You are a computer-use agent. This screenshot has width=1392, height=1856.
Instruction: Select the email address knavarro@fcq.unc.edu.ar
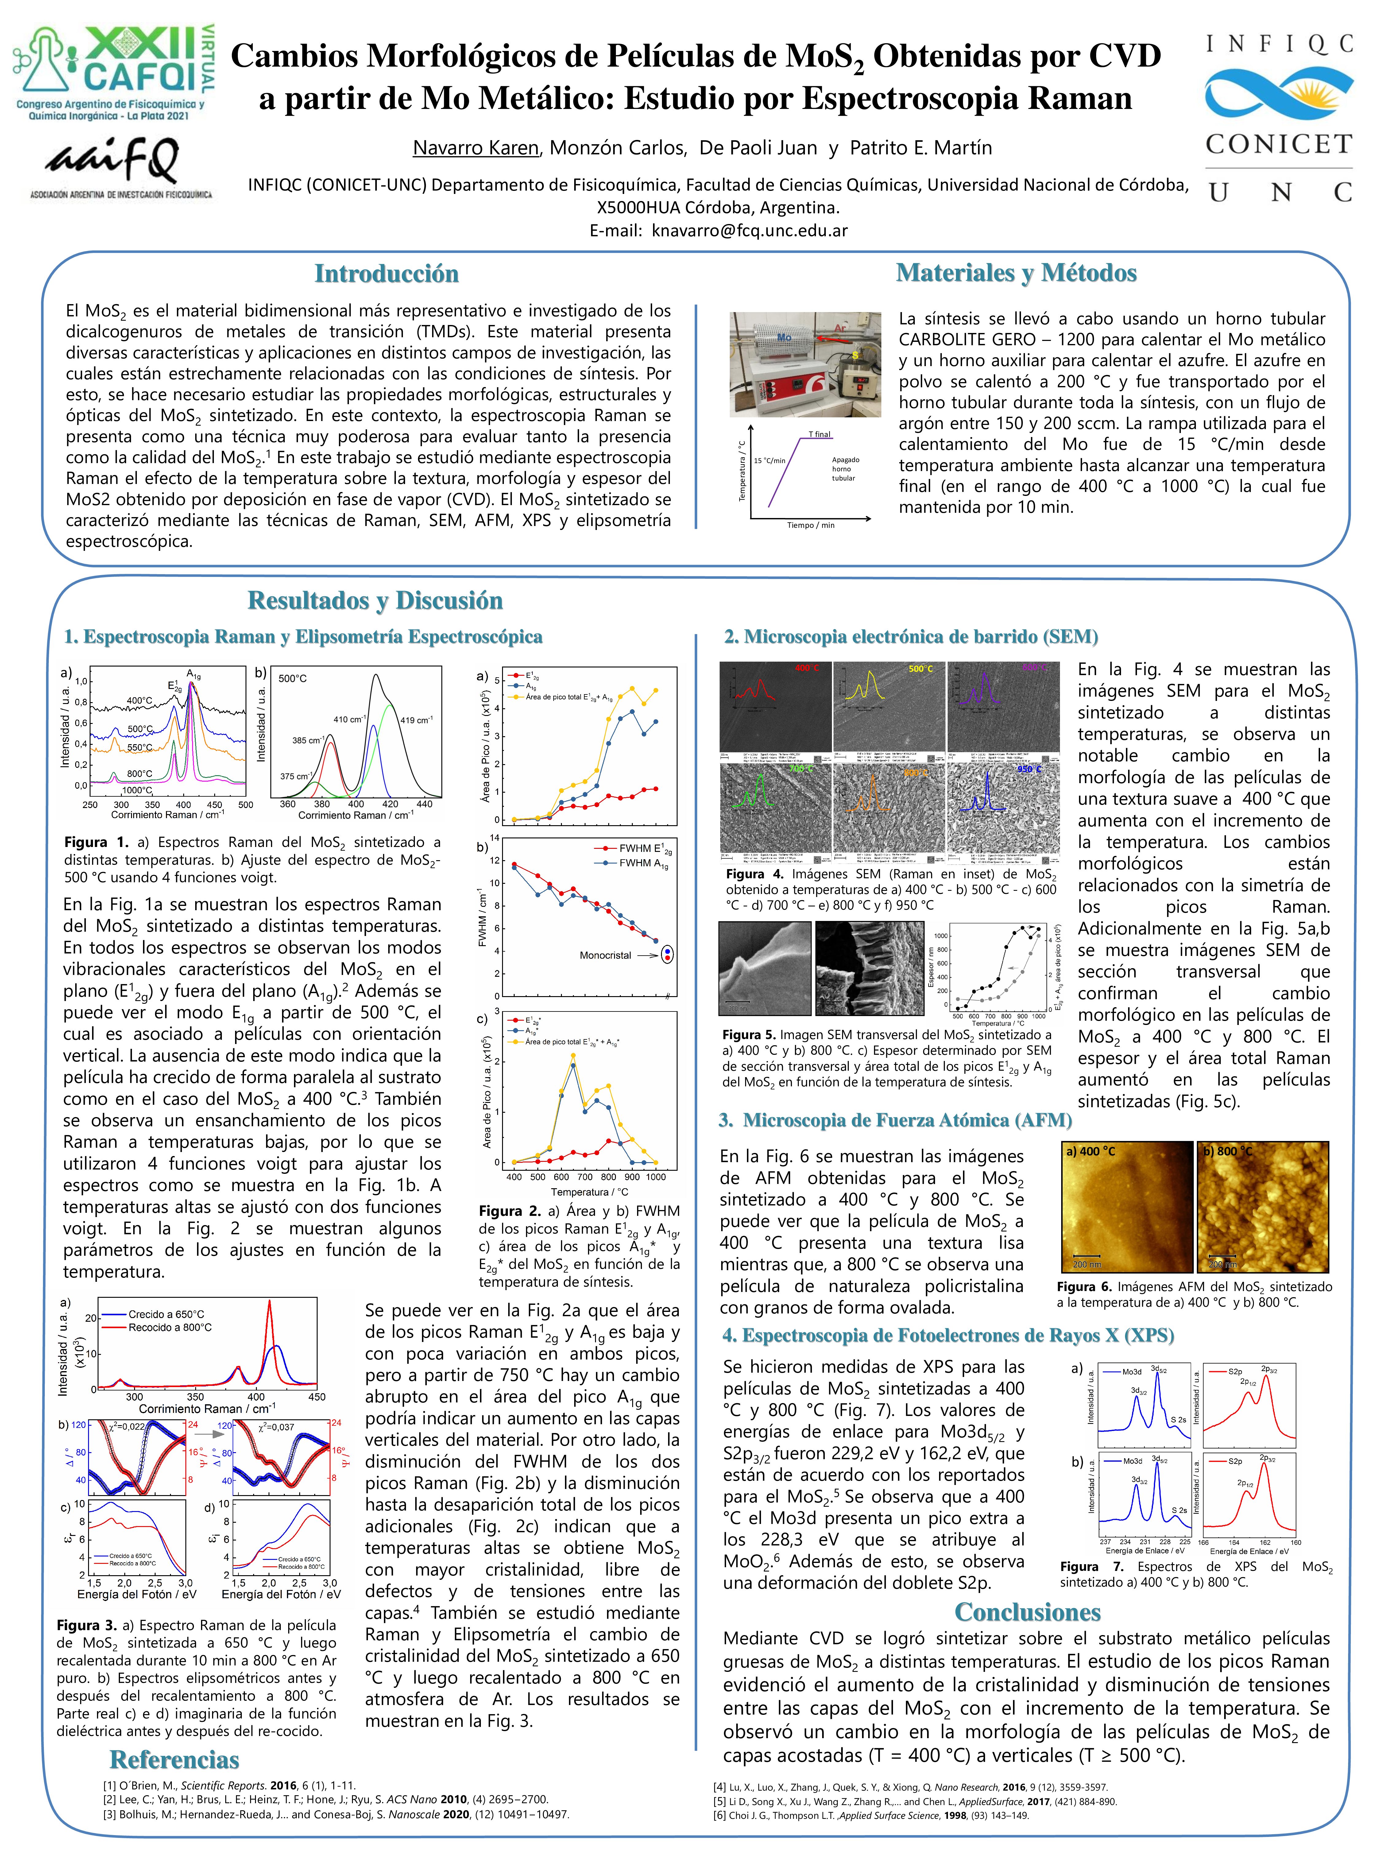pos(749,230)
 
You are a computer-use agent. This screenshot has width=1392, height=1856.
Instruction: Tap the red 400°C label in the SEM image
pos(807,668)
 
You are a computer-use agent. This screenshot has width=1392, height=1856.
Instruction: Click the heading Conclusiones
pos(1027,1612)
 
